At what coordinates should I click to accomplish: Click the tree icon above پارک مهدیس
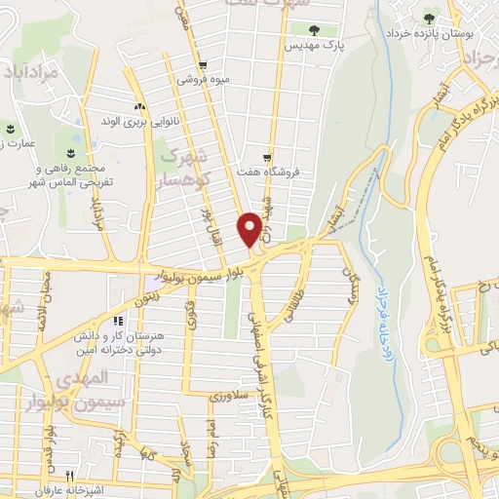312,29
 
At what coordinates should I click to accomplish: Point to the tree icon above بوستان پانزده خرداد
431,19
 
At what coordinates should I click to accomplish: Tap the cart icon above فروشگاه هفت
267,157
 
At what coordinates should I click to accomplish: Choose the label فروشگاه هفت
266,173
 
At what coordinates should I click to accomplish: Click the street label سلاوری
231,397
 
